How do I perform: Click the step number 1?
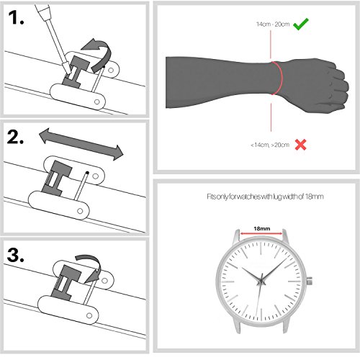coord(16,18)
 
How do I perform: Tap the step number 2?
coord(15,137)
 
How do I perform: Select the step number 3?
coord(16,255)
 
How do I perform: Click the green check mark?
coord(301,24)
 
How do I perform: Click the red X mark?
coord(300,145)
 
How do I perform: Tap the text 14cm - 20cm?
coord(273,24)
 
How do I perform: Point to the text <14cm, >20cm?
coord(270,145)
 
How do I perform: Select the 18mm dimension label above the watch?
coord(262,228)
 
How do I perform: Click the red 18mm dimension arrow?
coord(261,233)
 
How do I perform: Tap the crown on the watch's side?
coord(310,281)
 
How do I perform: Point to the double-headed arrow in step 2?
coord(81,144)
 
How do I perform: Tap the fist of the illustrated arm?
coord(322,85)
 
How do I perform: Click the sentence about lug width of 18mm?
coord(265,197)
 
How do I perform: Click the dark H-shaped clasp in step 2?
coord(57,178)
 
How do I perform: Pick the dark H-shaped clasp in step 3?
coord(66,283)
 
